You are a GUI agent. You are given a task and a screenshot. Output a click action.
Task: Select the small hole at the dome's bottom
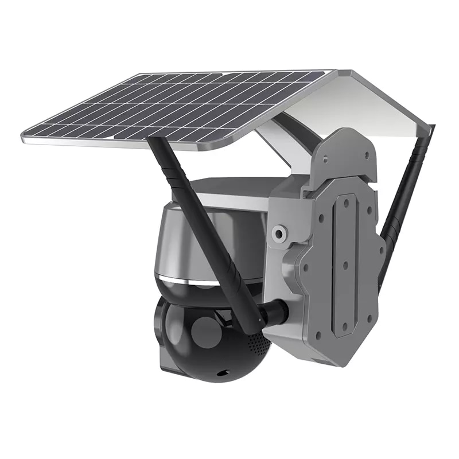pos(220,374)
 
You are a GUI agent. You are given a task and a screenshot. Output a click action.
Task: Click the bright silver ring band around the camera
pos(189,280)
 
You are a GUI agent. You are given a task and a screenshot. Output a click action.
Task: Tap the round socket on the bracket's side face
pos(279,232)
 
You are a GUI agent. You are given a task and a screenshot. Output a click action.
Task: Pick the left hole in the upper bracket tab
pos(325,156)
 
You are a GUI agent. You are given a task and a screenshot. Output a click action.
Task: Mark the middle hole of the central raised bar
pos(345,265)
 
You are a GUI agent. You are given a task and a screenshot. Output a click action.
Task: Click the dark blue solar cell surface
pos(172,109)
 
